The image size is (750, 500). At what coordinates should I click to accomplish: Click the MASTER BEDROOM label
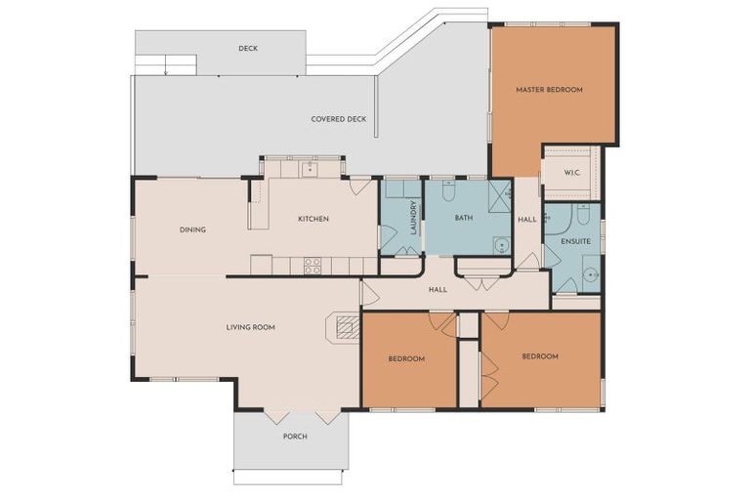(549, 90)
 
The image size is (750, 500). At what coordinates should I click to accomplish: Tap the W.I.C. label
(573, 174)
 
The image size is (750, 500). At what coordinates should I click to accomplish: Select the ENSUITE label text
(575, 240)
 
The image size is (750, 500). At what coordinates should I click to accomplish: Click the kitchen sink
(309, 169)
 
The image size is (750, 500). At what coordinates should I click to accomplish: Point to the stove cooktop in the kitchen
(312, 265)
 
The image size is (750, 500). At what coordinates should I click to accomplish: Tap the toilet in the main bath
(448, 190)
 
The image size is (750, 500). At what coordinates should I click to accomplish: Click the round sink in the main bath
(501, 245)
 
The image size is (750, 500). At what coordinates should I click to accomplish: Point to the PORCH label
(295, 436)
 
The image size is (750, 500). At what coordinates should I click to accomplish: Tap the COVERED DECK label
(339, 119)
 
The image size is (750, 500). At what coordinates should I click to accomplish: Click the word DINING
(192, 230)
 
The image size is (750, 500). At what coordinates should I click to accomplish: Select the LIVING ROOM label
(250, 327)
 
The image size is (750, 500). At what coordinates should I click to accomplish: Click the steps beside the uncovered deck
(165, 64)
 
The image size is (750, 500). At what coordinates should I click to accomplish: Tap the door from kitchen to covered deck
(359, 186)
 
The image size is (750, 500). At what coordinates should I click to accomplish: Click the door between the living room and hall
(368, 293)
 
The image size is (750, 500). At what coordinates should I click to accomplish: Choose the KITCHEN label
(312, 219)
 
